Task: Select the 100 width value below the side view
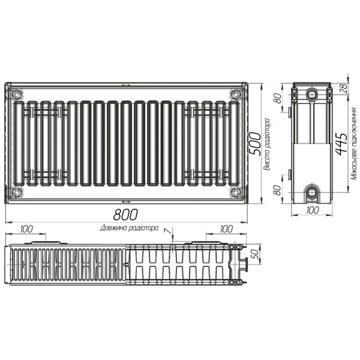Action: click(x=312, y=211)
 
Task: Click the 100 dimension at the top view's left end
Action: click(x=26, y=229)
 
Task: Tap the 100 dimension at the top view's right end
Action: click(x=226, y=229)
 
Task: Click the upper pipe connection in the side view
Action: click(x=312, y=94)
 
